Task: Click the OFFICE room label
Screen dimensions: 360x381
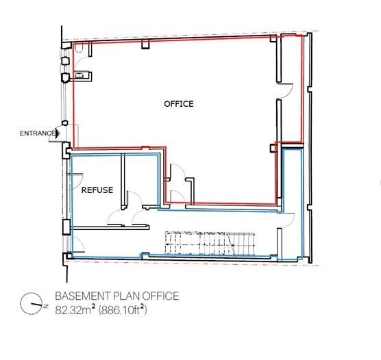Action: tap(178, 104)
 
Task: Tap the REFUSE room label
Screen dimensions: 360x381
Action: tap(97, 190)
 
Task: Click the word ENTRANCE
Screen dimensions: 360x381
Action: tap(37, 133)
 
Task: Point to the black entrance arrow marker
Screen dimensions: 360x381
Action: tap(60, 133)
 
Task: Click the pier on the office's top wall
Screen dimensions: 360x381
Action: tap(145, 45)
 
